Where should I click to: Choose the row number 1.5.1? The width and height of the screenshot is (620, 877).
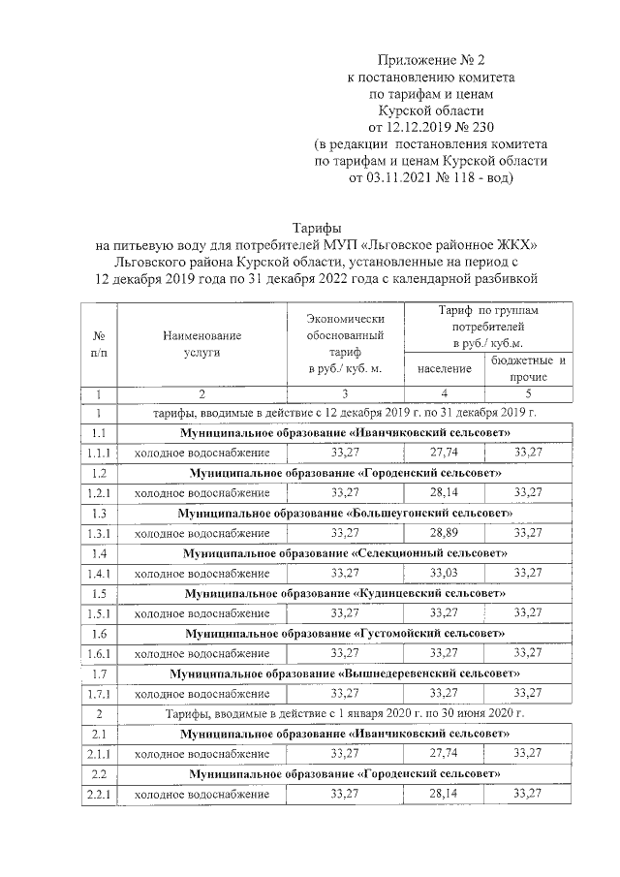point(98,612)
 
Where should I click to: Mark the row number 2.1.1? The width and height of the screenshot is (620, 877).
point(98,754)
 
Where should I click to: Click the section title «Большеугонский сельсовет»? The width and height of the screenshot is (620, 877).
point(345,513)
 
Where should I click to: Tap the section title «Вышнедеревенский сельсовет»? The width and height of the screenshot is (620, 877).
point(345,673)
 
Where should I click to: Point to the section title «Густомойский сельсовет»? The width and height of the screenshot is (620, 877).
point(345,633)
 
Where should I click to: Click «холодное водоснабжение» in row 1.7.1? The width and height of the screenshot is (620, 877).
point(201,693)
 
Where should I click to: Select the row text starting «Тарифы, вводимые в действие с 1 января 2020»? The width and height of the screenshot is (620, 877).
point(345,713)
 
